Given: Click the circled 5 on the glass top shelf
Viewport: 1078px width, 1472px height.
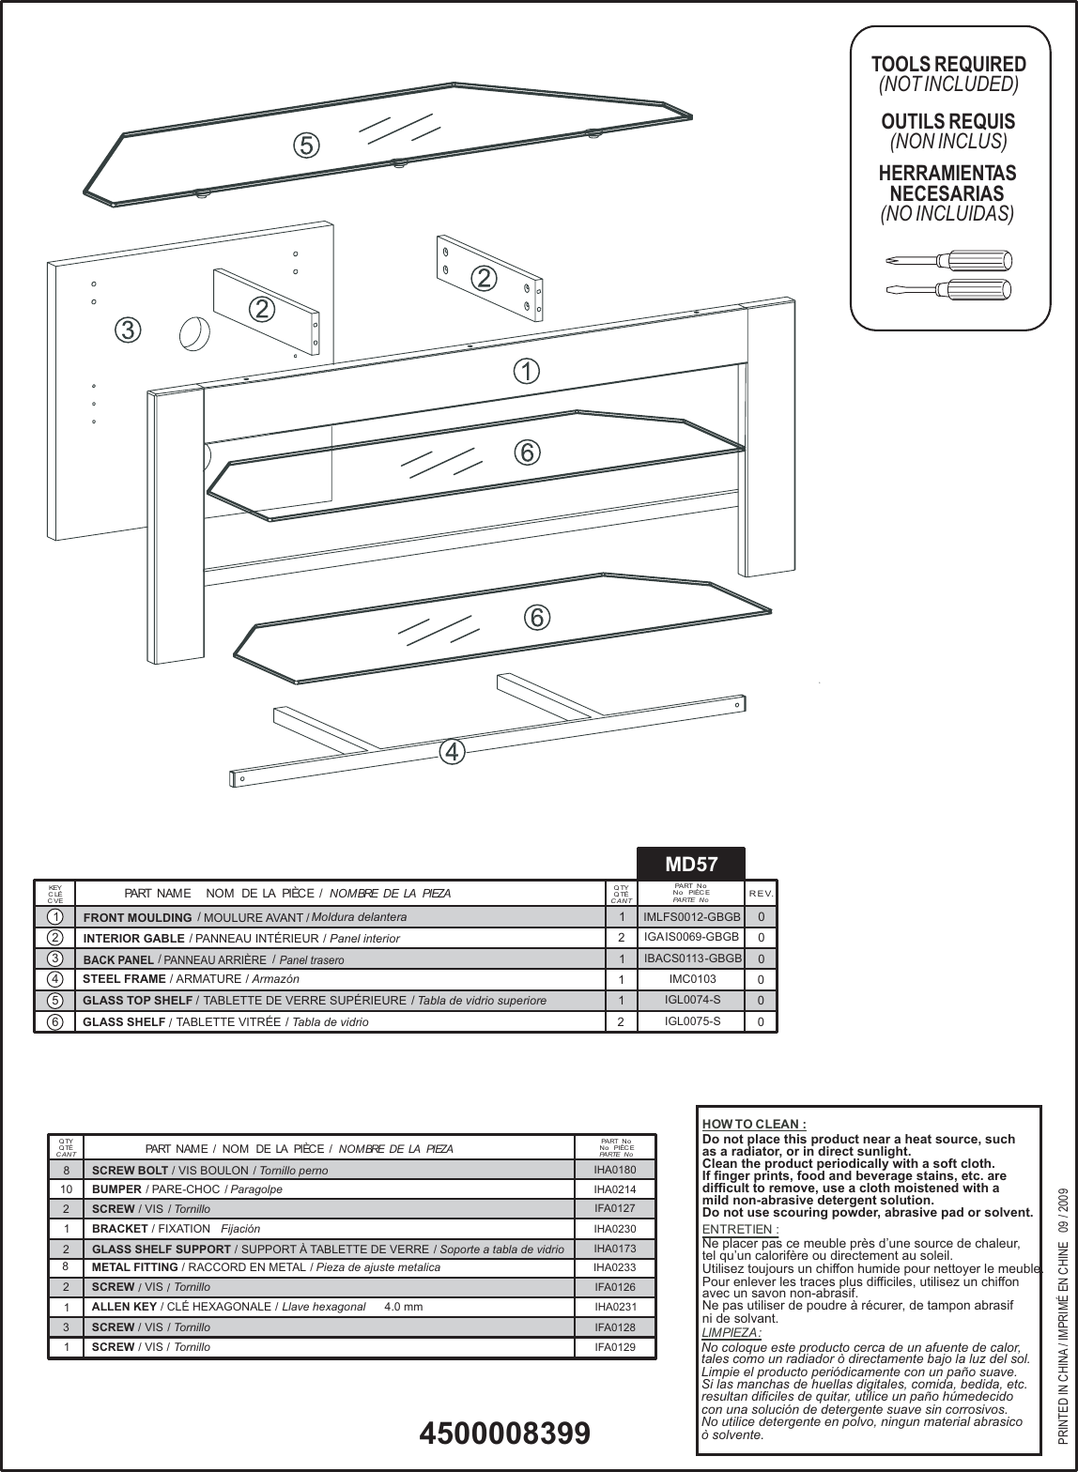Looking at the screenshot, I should point(305,146).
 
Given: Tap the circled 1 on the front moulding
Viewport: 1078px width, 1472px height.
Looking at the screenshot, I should point(527,372).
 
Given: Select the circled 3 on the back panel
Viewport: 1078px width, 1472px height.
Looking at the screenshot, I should point(128,330).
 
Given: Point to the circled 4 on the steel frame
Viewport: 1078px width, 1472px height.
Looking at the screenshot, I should point(452,751).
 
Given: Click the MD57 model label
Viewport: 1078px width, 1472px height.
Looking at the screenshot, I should point(691,864).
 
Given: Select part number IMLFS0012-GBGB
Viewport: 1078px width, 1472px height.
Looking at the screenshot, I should point(692,916).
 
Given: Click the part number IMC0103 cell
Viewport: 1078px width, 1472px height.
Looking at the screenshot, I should point(692,979).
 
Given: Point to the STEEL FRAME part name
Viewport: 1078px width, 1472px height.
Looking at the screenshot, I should point(124,979).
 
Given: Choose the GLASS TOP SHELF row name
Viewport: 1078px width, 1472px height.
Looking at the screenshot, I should point(137,1000).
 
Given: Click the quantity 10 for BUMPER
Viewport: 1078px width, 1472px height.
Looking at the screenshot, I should point(66,1188).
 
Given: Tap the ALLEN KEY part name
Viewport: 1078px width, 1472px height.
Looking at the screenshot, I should point(124,1307).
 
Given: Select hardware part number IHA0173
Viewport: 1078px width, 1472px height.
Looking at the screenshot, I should point(615,1249).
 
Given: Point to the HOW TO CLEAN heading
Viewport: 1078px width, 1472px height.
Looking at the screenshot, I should point(754,1124).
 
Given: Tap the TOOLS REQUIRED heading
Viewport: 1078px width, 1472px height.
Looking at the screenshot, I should point(948,65).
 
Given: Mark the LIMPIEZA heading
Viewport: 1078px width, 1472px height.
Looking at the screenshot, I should point(731,1332).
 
